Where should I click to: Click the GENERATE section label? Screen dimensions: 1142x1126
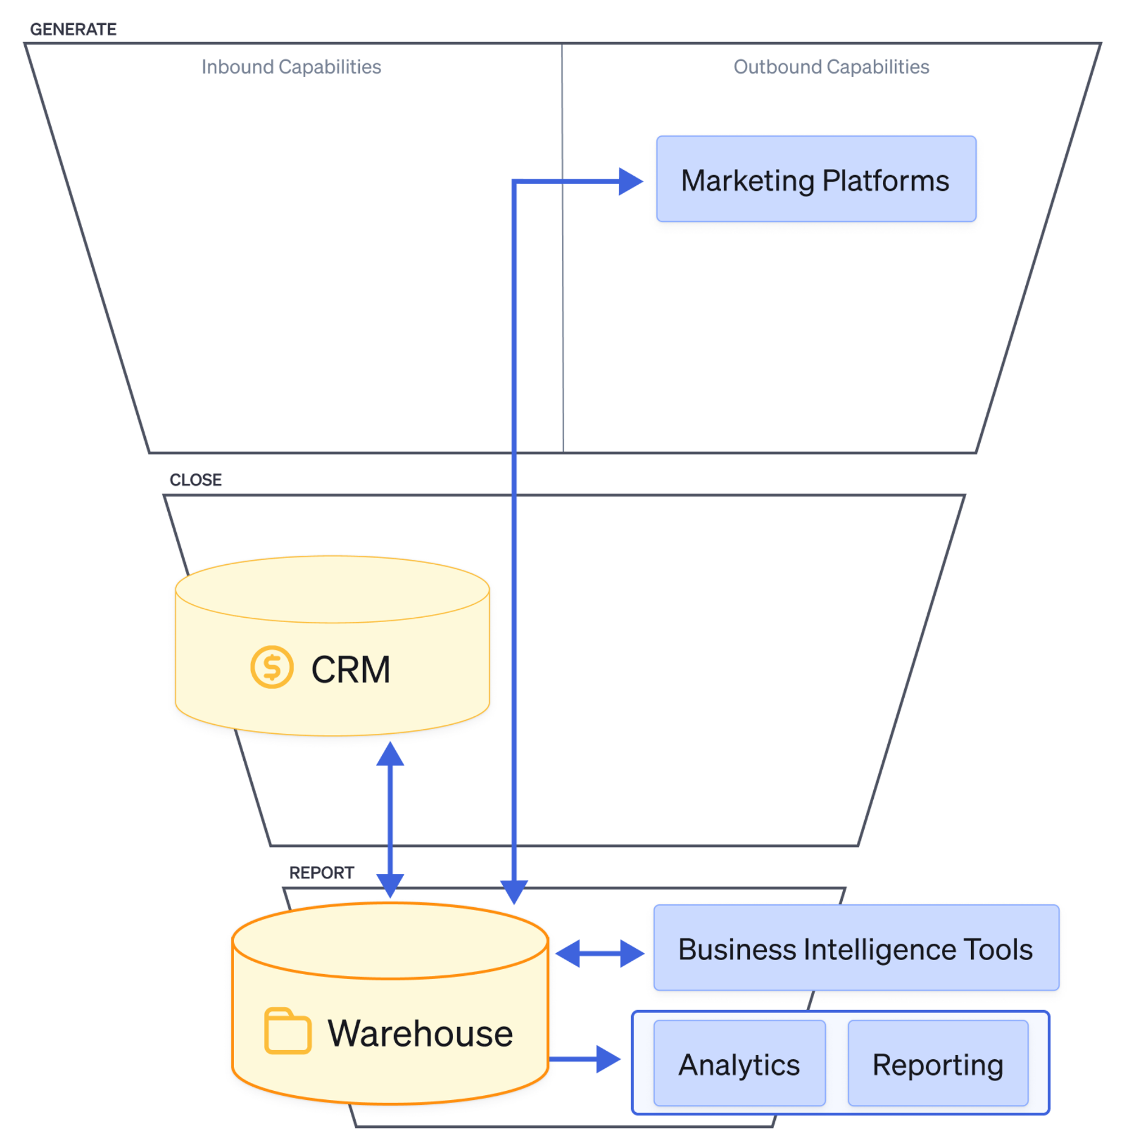[x=73, y=29]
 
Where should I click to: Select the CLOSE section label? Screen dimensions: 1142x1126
[x=196, y=479]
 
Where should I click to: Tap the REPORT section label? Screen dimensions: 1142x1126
[x=321, y=872]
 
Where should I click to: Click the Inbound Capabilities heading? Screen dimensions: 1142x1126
[x=291, y=67]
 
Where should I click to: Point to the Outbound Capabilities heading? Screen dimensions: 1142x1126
[x=831, y=67]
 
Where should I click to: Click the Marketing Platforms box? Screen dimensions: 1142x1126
[x=816, y=179]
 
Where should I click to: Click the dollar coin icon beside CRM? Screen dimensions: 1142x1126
[x=272, y=667]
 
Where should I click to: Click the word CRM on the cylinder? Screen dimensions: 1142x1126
[x=351, y=670]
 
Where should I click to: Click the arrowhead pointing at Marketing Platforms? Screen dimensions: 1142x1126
[x=630, y=181]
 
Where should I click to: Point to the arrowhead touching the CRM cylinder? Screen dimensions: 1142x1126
[x=390, y=754]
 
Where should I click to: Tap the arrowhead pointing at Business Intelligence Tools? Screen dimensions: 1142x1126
[x=631, y=953]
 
